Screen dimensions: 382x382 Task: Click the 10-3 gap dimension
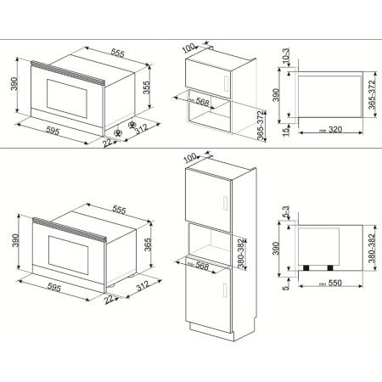(x=284, y=57)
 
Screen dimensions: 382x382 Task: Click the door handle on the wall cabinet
(x=221, y=83)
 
